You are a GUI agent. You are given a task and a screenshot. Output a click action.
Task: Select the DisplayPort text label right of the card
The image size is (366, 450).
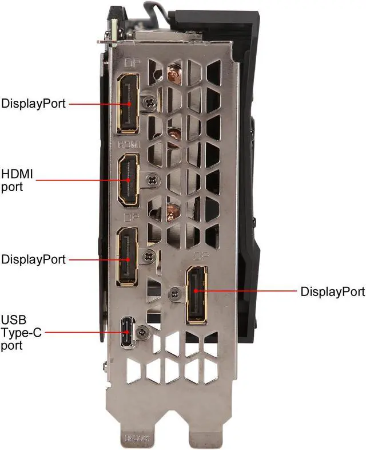[332, 292]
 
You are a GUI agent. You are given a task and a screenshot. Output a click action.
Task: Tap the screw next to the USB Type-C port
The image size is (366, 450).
[143, 330]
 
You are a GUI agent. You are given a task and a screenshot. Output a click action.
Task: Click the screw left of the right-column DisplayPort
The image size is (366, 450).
[174, 293]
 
